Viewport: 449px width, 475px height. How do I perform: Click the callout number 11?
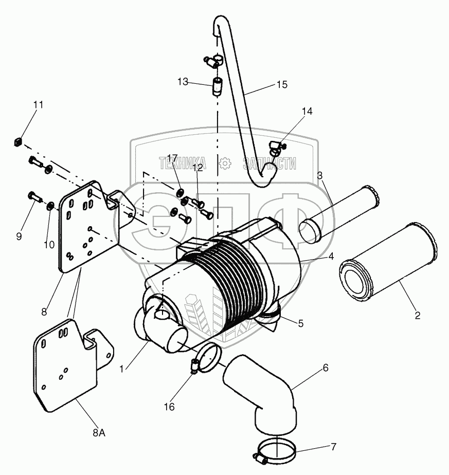point(39,105)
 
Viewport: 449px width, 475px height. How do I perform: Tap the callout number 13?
point(183,82)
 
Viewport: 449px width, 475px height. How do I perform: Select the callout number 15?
point(281,84)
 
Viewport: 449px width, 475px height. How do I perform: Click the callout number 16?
point(169,407)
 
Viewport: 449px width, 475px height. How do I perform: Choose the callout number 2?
point(417,316)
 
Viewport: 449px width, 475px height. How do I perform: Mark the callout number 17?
point(172,158)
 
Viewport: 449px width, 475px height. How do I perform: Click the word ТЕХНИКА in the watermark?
point(183,164)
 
